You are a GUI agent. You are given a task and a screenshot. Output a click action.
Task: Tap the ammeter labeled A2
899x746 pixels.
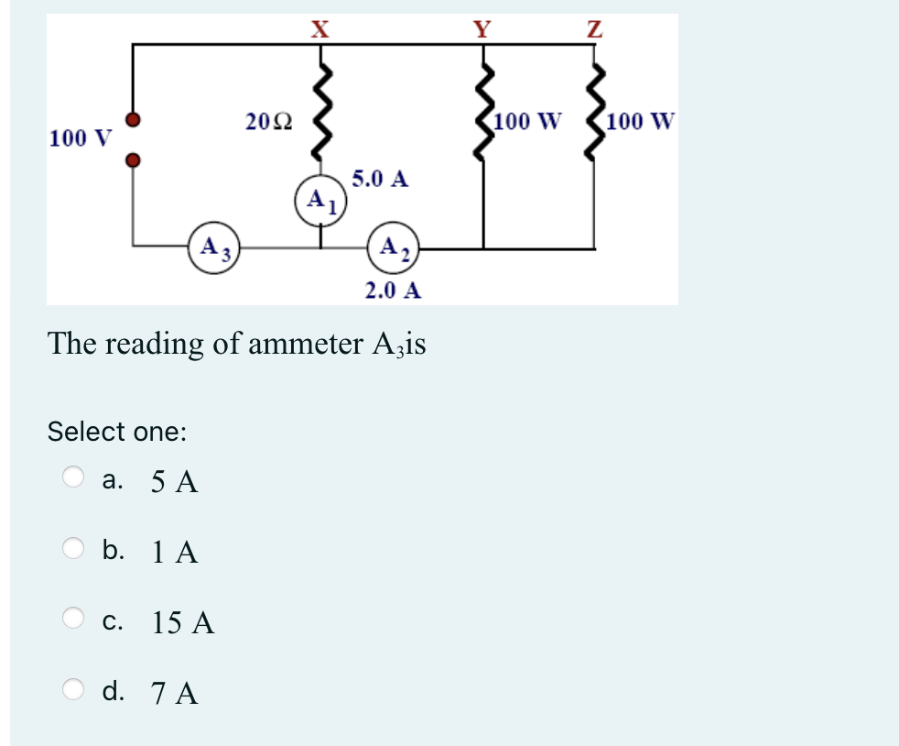coord(394,247)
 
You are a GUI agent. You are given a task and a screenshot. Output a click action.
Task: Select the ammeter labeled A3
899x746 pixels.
coord(214,247)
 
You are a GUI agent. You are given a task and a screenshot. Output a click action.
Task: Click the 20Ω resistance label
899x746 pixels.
coord(269,121)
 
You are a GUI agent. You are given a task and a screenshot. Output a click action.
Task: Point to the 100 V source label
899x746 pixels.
coord(81,138)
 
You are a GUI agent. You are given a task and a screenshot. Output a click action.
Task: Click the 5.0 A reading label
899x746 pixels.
coord(380,178)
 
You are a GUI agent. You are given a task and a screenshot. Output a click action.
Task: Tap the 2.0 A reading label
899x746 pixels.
coord(393,291)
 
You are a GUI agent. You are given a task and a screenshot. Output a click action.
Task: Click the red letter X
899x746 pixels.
coord(319,27)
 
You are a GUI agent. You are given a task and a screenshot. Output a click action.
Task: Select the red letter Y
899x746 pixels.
coord(482,27)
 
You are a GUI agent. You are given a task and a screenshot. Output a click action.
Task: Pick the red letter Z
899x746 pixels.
coord(594,27)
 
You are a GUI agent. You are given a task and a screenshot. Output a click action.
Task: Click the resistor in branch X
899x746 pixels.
coord(320,112)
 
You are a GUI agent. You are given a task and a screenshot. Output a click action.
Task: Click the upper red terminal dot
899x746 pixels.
coord(134,120)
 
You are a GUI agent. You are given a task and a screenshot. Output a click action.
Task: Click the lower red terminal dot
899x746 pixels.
coord(134,160)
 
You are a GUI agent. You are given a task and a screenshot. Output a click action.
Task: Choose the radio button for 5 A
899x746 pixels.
coord(73,477)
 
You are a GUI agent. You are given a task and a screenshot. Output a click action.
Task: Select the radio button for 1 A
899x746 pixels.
coord(73,549)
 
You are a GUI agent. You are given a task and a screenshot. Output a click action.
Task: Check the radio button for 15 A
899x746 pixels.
coord(73,620)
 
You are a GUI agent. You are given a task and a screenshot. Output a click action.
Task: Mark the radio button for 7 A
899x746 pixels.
coord(73,690)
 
